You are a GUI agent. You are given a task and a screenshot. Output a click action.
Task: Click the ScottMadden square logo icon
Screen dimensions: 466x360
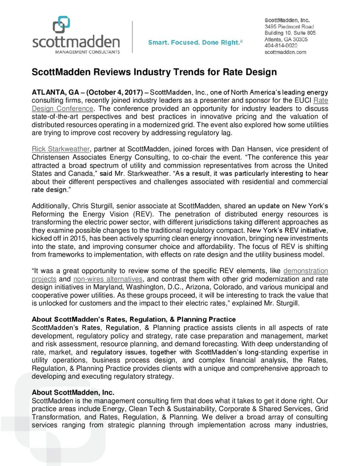pyautogui.click(x=61, y=25)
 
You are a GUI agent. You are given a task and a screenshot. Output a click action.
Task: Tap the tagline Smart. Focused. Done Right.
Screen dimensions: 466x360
pyautogui.click(x=195, y=43)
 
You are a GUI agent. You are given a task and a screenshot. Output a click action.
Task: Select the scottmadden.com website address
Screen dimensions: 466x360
pyautogui.click(x=285, y=52)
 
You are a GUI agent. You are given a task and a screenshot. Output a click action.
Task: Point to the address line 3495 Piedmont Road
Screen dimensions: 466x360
pyautogui.click(x=289, y=26)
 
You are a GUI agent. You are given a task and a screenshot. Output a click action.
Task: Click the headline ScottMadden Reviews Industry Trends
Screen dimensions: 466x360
pyautogui.click(x=154, y=72)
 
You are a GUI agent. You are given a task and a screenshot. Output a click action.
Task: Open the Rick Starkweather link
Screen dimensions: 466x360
pyautogui.click(x=61, y=149)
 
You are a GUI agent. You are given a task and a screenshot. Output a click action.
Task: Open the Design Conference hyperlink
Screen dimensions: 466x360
pyautogui.click(x=62, y=108)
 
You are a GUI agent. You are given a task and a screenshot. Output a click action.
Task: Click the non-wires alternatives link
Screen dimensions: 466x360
pyautogui.click(x=108, y=279)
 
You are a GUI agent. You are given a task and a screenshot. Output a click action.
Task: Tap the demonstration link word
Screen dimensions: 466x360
pyautogui.click(x=305, y=271)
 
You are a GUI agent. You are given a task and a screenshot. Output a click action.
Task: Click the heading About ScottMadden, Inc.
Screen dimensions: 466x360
pyautogui.click(x=73, y=392)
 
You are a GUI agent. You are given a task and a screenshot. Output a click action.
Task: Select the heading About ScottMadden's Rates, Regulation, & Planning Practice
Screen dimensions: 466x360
pyautogui.click(x=133, y=319)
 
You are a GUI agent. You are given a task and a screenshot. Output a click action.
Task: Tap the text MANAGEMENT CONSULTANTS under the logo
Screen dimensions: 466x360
pyautogui.click(x=87, y=52)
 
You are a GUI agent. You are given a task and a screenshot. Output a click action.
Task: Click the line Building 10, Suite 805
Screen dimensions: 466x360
pyautogui.click(x=290, y=33)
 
